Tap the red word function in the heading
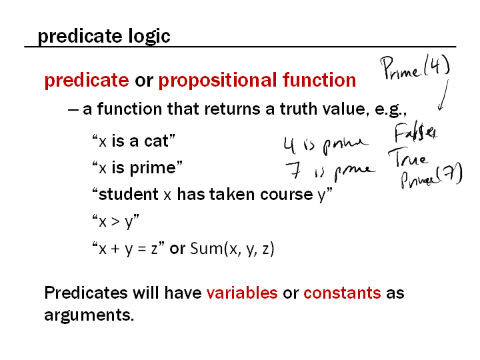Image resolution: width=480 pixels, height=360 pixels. click(319, 79)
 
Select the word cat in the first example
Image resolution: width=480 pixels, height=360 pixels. click(156, 141)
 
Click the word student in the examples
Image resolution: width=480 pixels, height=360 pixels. click(129, 194)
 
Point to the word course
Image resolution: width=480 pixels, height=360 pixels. click(287, 195)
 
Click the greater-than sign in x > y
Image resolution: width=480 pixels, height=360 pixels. click(115, 221)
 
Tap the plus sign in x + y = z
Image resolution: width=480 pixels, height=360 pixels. click(115, 248)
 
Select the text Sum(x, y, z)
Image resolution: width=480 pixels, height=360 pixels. click(232, 249)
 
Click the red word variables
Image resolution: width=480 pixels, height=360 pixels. click(242, 293)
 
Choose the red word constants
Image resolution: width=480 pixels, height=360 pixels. click(342, 293)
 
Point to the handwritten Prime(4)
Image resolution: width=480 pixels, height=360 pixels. click(415, 67)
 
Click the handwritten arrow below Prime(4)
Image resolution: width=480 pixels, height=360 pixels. click(443, 95)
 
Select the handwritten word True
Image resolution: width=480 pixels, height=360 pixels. click(407, 157)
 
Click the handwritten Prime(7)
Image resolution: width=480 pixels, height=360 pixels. click(431, 176)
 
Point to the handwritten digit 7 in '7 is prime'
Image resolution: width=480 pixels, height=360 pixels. click(293, 170)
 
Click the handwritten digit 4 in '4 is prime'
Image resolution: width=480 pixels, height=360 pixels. click(289, 145)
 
